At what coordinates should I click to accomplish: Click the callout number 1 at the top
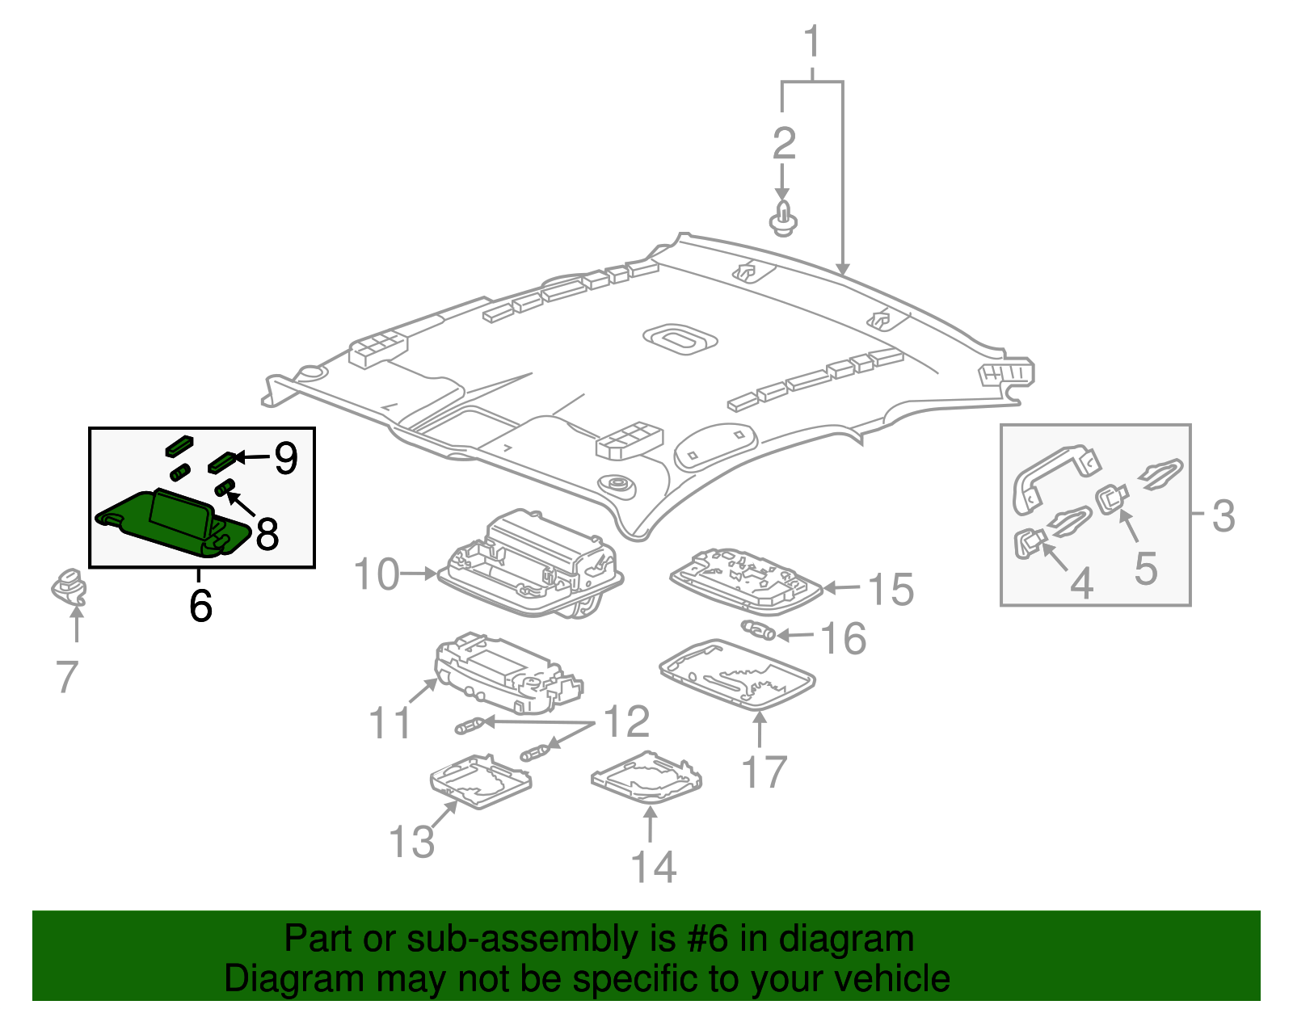[x=812, y=42]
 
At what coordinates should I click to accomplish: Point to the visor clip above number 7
[x=69, y=586]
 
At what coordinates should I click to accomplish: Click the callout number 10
[x=377, y=574]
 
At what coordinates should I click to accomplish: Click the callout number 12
[x=626, y=721]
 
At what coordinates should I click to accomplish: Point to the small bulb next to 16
[x=758, y=630]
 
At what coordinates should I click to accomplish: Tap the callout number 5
[x=1145, y=568]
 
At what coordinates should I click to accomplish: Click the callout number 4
[x=1081, y=582]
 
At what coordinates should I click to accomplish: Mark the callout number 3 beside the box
[x=1224, y=515]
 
